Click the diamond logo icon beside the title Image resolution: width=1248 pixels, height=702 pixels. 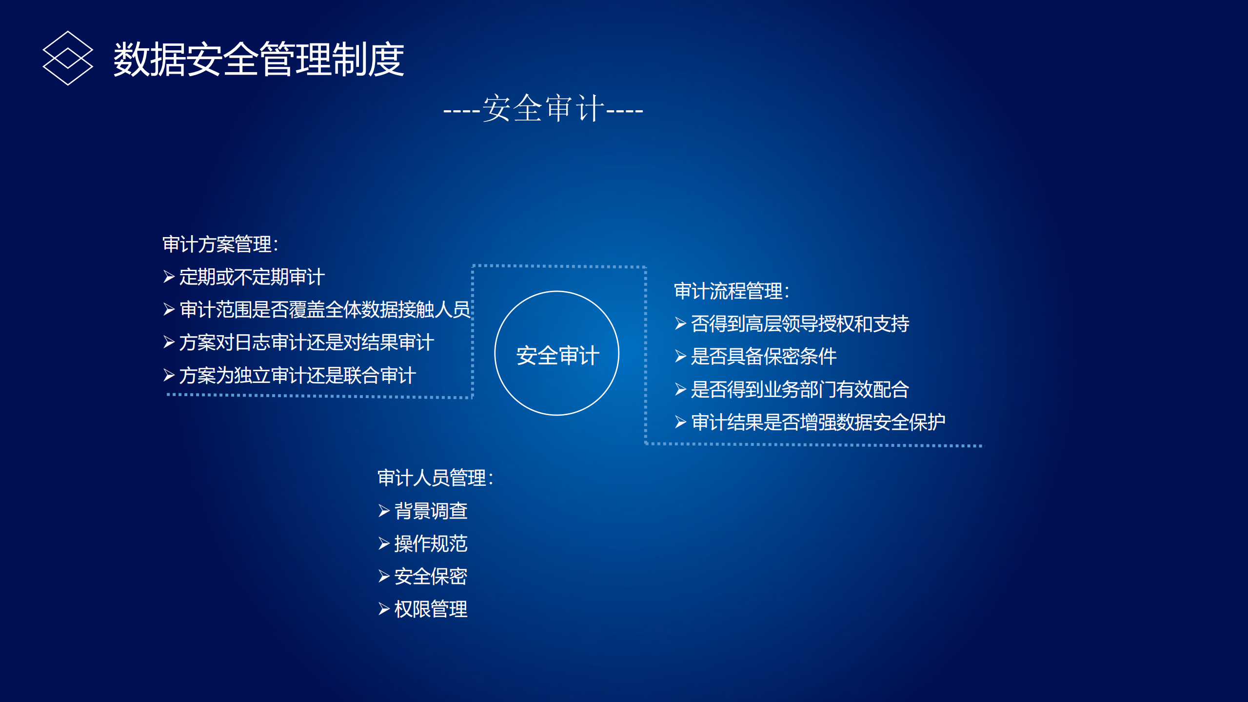67,58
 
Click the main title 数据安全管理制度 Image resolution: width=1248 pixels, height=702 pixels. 258,59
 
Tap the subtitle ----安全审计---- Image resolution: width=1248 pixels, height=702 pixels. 543,108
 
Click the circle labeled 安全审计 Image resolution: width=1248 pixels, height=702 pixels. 556,354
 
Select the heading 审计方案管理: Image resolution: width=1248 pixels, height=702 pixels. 220,244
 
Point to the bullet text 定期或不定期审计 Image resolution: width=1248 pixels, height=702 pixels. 251,277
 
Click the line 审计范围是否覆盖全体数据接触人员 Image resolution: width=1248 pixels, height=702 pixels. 324,310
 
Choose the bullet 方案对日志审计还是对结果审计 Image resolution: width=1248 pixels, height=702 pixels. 306,342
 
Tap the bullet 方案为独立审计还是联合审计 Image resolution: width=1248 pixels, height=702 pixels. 297,376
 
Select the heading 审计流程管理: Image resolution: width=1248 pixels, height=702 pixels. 731,291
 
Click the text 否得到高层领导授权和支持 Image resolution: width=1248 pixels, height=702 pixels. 800,324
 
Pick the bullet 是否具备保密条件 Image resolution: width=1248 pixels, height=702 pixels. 763,357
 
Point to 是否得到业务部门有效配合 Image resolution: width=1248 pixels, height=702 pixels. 800,390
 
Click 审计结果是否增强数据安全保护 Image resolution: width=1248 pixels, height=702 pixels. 818,422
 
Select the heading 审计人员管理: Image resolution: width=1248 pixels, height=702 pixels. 435,478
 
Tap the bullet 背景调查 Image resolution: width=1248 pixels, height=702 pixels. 430,511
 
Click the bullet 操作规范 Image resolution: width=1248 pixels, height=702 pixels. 430,544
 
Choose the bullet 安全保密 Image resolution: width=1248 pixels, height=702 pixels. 430,577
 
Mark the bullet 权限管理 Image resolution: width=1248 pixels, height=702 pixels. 430,609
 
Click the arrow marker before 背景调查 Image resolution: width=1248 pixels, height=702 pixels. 384,511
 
